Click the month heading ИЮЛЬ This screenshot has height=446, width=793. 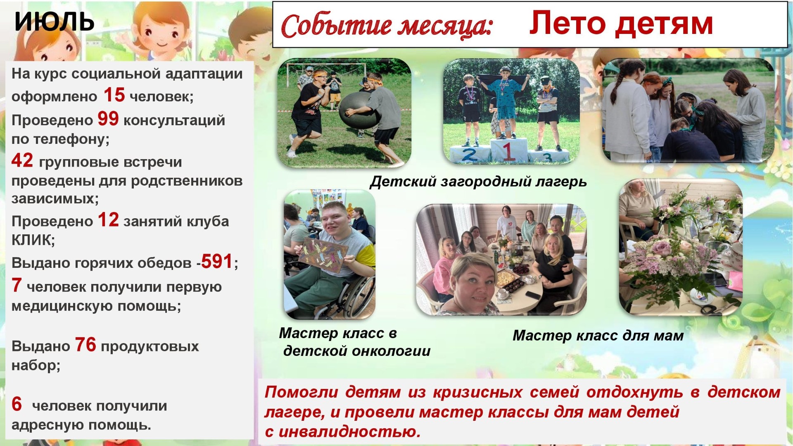(54, 21)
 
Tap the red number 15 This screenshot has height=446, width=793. (114, 95)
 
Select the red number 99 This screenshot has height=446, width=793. (108, 119)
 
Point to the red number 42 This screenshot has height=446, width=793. (22, 160)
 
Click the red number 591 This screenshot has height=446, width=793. (217, 261)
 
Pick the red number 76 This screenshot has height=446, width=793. (85, 344)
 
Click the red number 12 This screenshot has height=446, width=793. (108, 219)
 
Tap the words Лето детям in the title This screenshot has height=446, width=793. (621, 23)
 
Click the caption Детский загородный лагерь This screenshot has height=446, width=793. (478, 181)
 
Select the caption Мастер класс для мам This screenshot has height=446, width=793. (598, 335)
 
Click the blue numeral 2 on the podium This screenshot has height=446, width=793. (470, 155)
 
